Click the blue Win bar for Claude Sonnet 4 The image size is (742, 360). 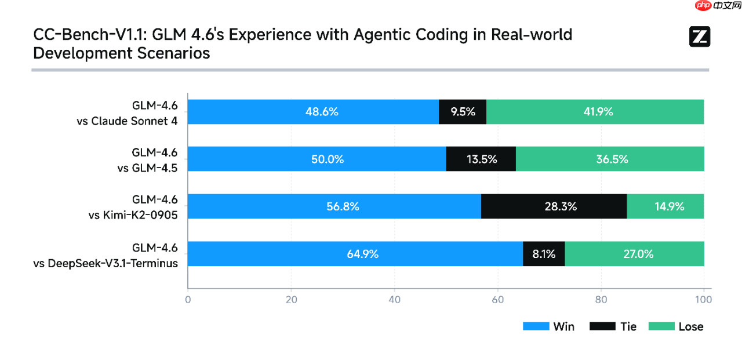coord(313,112)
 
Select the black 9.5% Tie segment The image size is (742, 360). coord(463,112)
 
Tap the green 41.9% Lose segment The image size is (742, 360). coord(595,112)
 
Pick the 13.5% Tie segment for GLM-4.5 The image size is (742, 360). coord(481,159)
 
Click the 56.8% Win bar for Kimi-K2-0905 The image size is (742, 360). coord(334,206)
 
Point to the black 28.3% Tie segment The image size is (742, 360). coord(554,206)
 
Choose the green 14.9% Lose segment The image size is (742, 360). coord(665,206)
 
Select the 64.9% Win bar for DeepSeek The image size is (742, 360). coord(355,254)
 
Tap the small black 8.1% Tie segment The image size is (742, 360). coord(544,254)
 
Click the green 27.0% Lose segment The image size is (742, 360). coord(634,254)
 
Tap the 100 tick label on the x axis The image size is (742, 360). coord(703,300)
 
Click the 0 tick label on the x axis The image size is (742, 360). coord(188,300)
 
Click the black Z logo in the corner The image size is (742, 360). coord(699,37)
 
